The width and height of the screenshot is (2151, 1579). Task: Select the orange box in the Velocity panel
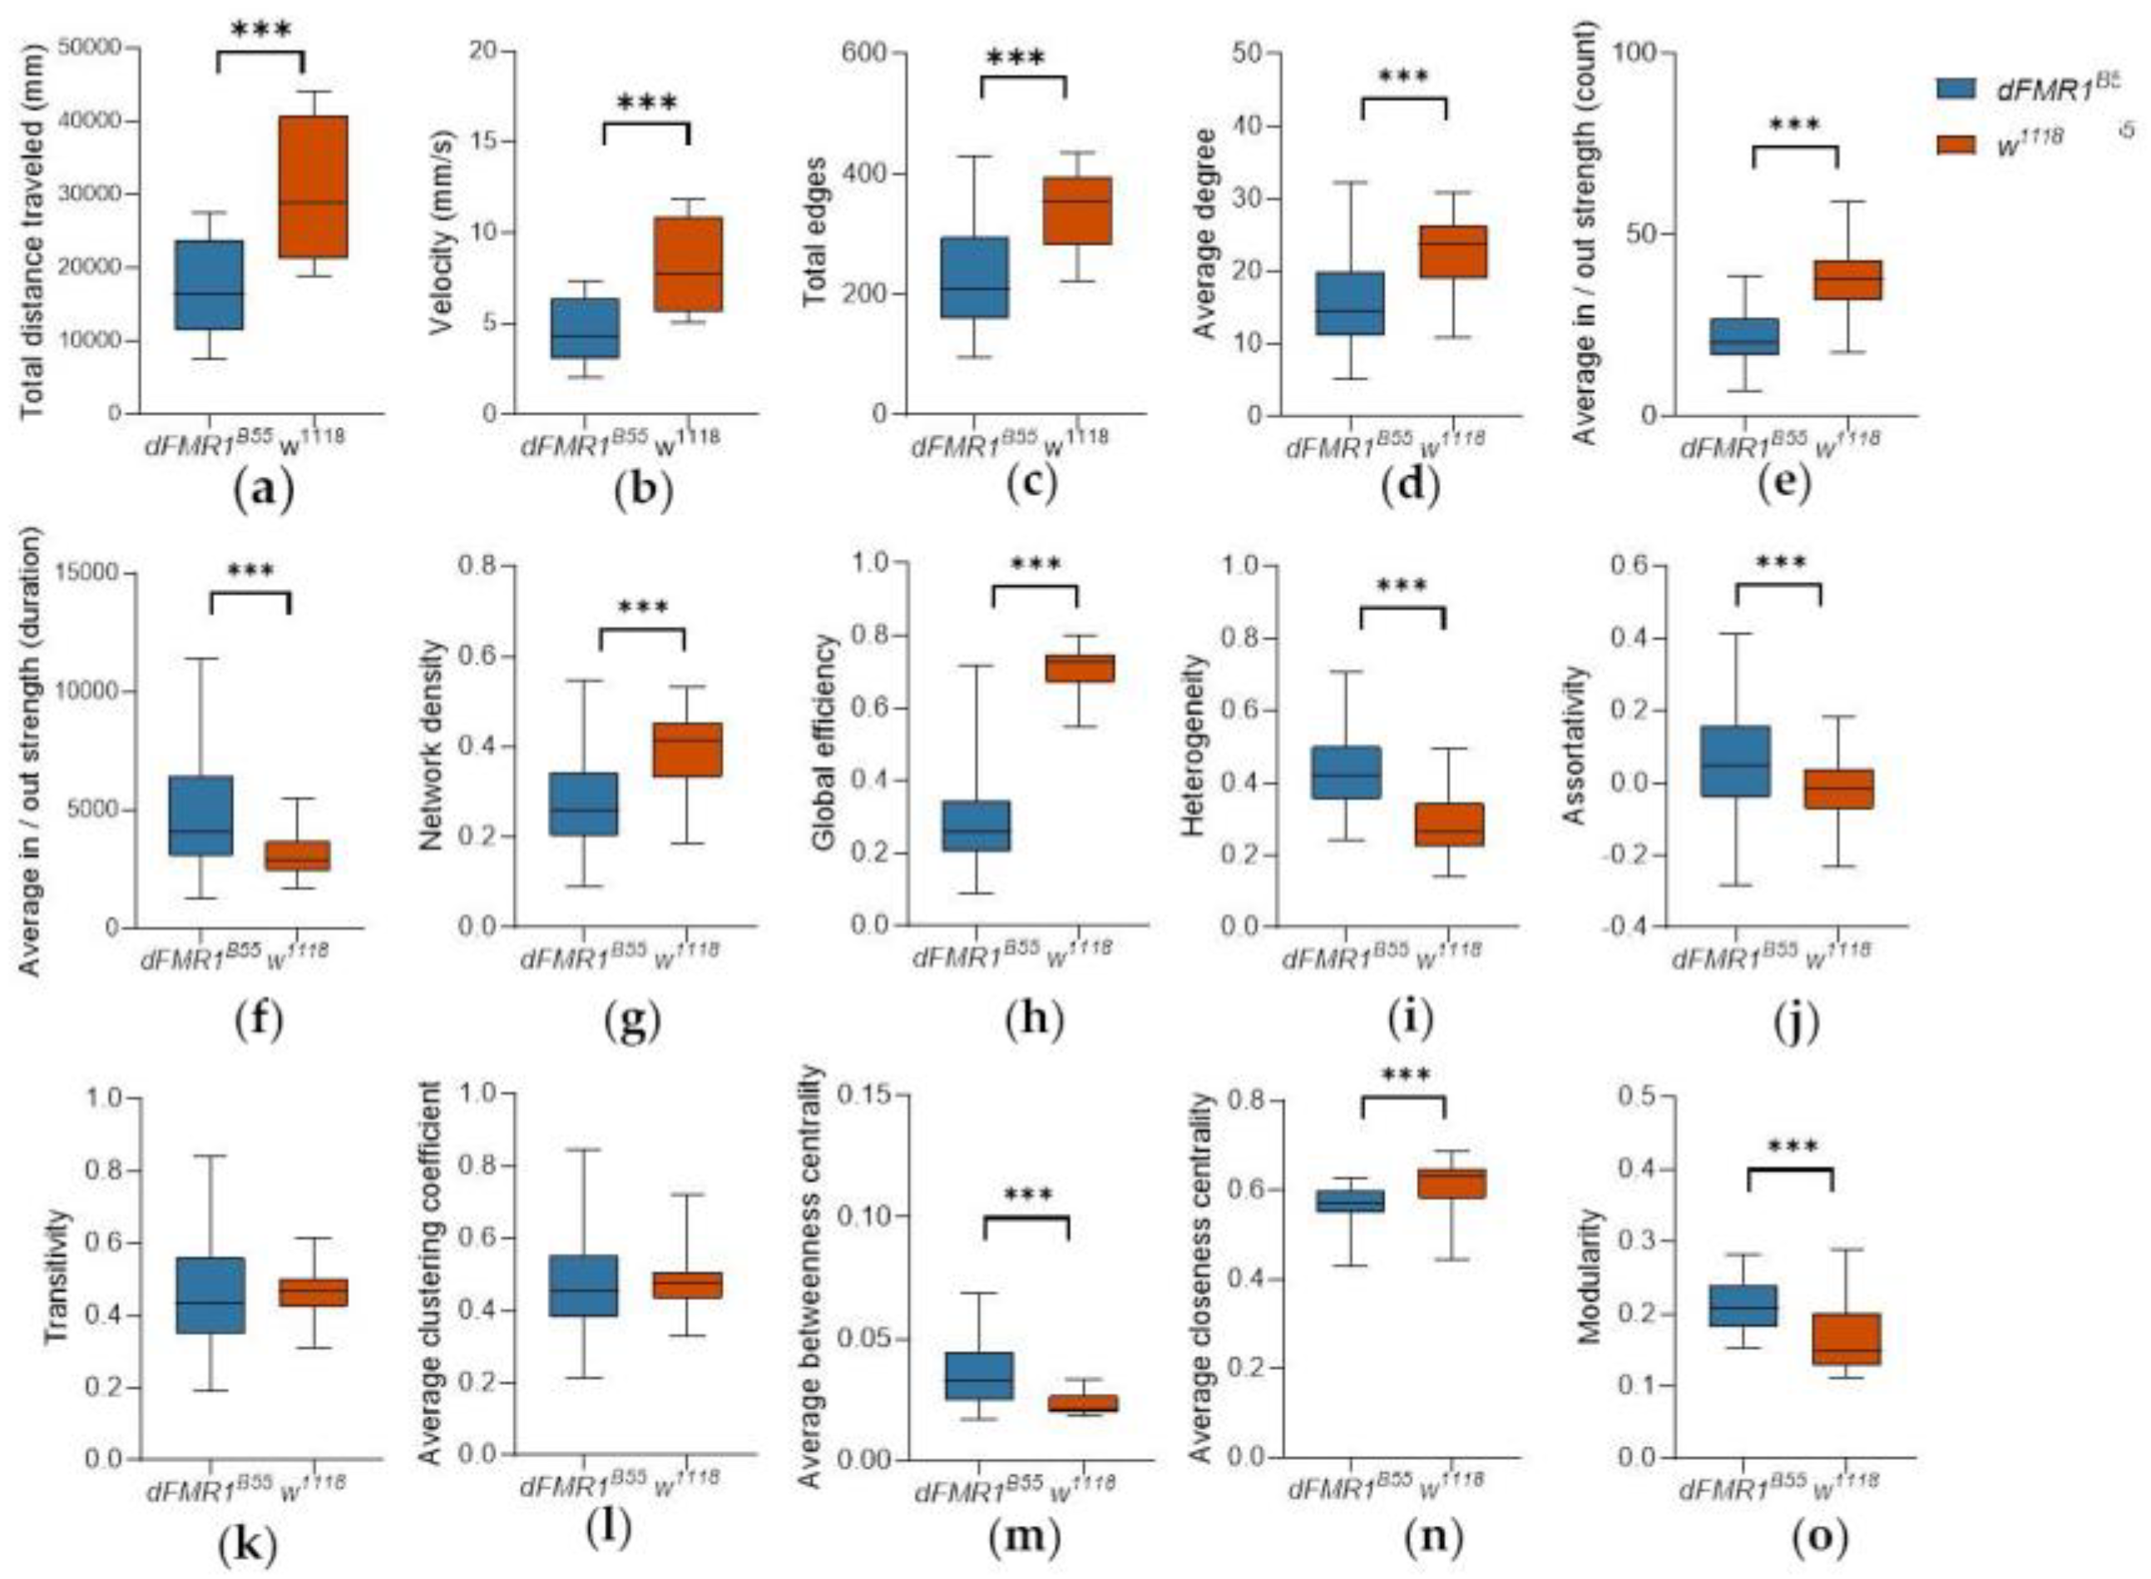[x=688, y=264]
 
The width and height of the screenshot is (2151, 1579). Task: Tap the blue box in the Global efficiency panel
[x=977, y=826]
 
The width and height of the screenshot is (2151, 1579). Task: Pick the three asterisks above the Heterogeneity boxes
[x=1402, y=586]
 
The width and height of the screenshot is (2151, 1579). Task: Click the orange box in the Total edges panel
[x=1077, y=210]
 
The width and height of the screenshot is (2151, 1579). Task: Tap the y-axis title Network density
[x=432, y=745]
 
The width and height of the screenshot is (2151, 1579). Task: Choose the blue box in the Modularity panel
[x=1743, y=1304]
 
